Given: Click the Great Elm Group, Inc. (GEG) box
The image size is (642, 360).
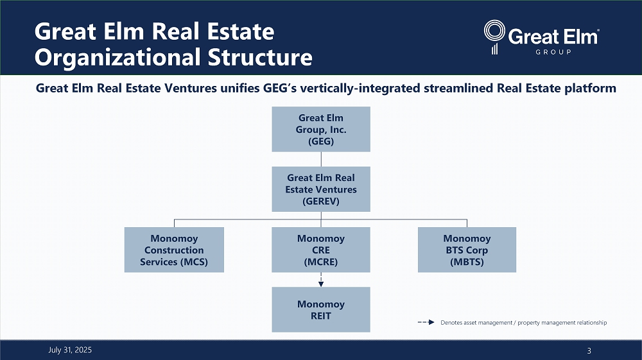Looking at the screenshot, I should click(x=320, y=129).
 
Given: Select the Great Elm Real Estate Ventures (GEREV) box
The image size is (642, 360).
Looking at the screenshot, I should click(x=320, y=189).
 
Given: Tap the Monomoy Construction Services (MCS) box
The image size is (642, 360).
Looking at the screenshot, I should click(x=174, y=250).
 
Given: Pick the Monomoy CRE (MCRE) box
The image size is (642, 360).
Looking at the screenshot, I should click(x=320, y=250).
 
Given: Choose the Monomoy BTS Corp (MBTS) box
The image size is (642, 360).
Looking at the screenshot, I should click(x=467, y=250).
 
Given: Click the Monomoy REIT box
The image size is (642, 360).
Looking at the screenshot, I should click(x=320, y=309).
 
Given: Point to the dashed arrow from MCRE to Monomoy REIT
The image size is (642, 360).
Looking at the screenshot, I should click(x=320, y=280).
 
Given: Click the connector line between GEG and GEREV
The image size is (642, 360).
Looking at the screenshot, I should click(x=320, y=159).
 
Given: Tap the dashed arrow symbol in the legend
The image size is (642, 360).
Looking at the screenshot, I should click(x=427, y=323).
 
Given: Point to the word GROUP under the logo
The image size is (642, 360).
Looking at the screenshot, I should click(x=553, y=52).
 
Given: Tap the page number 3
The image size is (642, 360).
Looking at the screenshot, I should click(x=589, y=350).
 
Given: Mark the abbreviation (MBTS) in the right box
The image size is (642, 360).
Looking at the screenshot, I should click(x=467, y=262).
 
